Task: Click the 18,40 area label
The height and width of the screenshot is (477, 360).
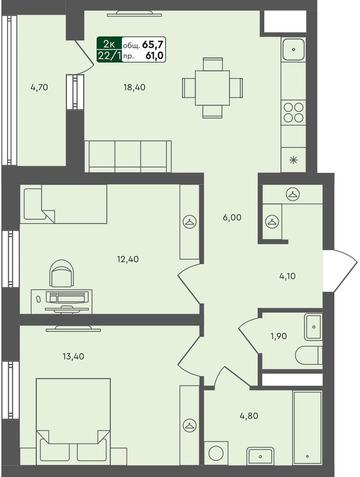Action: click(x=134, y=88)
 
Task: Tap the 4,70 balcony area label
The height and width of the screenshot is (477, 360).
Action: click(x=39, y=88)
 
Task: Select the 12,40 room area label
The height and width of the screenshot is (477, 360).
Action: click(x=128, y=259)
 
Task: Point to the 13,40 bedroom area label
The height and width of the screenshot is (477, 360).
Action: click(x=73, y=356)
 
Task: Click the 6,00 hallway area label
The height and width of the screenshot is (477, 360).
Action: click(x=232, y=218)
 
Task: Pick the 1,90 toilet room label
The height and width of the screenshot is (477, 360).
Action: click(x=278, y=336)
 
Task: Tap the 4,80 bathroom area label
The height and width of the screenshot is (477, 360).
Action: click(x=249, y=416)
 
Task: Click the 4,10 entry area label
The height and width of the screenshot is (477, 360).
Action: click(x=287, y=276)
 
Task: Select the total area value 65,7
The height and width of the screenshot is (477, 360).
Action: click(x=152, y=45)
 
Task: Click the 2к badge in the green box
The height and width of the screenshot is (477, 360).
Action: click(x=109, y=44)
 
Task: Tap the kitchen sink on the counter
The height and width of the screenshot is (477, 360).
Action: click(x=293, y=49)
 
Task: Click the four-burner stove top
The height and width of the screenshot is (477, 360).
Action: click(x=293, y=113)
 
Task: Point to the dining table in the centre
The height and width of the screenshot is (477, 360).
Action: click(x=212, y=88)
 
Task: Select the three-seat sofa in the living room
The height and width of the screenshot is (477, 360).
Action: click(x=128, y=156)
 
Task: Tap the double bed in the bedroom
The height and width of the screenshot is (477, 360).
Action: click(x=73, y=419)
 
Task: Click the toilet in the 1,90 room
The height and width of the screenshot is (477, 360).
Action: click(x=308, y=355)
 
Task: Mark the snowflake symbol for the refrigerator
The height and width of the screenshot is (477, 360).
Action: click(x=293, y=160)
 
